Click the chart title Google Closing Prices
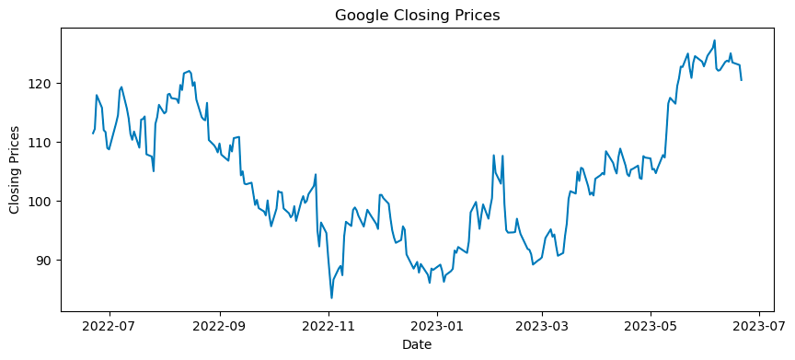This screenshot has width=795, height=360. tap(417, 15)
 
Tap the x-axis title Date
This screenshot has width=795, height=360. tap(417, 345)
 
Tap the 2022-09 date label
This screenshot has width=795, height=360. tap(220, 326)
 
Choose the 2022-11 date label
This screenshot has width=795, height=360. tap(328, 326)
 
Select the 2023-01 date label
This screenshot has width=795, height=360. tap(437, 326)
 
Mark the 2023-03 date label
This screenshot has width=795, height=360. tap(542, 326)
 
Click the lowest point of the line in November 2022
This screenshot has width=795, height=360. tap(332, 297)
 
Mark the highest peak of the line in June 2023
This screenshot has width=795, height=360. tap(714, 41)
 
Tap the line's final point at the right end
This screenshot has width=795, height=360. tap(742, 80)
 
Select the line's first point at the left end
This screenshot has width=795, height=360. tap(93, 134)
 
